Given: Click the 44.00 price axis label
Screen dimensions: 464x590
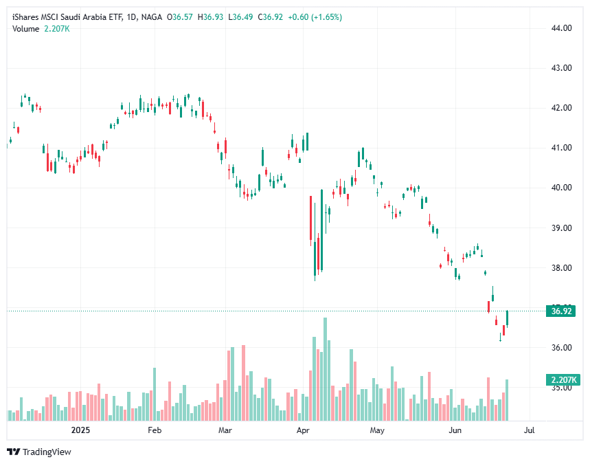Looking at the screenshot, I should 562,28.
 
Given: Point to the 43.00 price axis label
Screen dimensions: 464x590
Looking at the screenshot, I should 562,68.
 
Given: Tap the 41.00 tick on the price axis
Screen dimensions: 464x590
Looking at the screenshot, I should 562,148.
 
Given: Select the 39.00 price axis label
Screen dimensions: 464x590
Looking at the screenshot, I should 562,228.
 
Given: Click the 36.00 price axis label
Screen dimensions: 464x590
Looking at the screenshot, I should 562,348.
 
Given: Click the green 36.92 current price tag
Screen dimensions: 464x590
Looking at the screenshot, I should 562,311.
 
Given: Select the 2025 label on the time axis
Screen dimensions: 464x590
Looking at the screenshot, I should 81,431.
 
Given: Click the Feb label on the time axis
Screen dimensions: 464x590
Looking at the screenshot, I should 154,431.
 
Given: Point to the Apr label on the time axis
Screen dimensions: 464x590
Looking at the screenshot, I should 303,431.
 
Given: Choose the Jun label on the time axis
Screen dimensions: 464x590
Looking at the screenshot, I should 455,431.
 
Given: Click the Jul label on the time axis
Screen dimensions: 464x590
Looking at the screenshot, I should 529,431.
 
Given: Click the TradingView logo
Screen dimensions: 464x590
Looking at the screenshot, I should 39,452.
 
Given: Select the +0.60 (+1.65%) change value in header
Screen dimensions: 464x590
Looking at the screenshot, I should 314,16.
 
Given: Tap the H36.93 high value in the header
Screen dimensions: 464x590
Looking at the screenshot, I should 212,16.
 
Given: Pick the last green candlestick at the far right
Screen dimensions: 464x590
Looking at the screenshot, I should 507,318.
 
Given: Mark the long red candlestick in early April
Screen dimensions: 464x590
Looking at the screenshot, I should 310,220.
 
